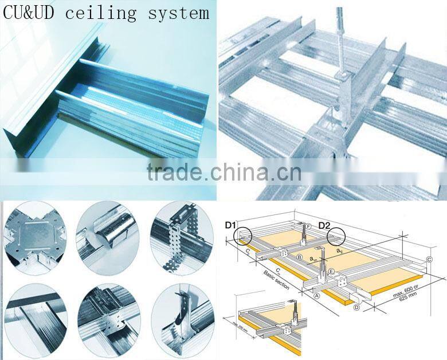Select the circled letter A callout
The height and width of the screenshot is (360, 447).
pyautogui.click(x=316, y=295)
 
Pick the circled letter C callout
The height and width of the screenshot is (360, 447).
pyautogui.click(x=429, y=259)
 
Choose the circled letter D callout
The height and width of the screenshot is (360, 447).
pyautogui.click(x=356, y=308)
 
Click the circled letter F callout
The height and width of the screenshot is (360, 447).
pyautogui.click(x=308, y=226)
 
